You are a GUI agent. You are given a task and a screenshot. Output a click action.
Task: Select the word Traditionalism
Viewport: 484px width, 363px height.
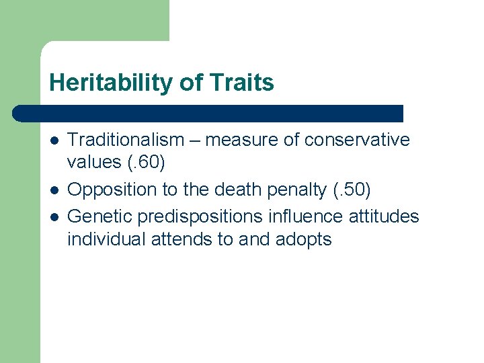click(126, 140)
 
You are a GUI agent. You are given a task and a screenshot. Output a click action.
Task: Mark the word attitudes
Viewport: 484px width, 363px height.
click(388, 216)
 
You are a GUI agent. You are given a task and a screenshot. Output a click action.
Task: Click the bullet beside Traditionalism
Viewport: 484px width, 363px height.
click(53, 140)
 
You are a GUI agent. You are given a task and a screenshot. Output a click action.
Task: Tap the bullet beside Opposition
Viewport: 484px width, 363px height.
click(53, 191)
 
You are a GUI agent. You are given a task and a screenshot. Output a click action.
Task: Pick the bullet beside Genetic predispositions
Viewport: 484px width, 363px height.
click(53, 216)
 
